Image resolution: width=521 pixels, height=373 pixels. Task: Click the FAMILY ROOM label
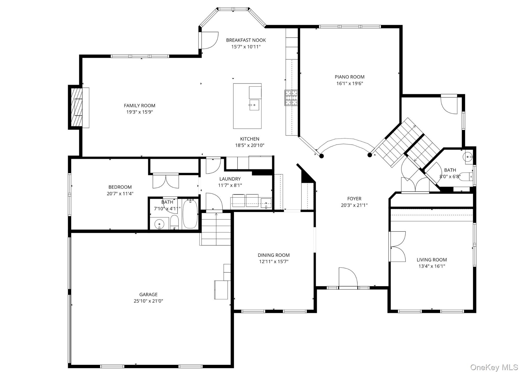139,105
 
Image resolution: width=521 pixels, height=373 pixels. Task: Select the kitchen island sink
254,105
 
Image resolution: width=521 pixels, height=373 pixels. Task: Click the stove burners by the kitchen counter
291,98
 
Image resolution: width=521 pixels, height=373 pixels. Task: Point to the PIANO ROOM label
349,77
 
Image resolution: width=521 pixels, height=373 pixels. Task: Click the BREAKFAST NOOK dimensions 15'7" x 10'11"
246,47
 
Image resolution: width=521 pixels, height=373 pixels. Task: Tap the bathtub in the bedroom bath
190,214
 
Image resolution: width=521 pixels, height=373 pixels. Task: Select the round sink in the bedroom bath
159,224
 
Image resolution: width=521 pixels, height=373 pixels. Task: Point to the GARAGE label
148,294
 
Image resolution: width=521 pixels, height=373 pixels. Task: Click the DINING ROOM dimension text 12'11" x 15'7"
274,262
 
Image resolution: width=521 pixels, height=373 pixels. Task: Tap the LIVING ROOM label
432,260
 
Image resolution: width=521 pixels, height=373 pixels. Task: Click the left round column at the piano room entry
321,156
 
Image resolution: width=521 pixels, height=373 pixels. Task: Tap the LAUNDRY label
230,179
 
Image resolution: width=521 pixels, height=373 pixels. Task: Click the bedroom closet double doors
165,181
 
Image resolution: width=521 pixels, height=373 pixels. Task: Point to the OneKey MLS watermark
494,367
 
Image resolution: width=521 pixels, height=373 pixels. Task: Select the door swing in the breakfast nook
209,40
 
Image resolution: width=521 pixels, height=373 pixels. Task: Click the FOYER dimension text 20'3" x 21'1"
354,205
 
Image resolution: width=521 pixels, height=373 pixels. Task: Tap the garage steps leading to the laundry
216,229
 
